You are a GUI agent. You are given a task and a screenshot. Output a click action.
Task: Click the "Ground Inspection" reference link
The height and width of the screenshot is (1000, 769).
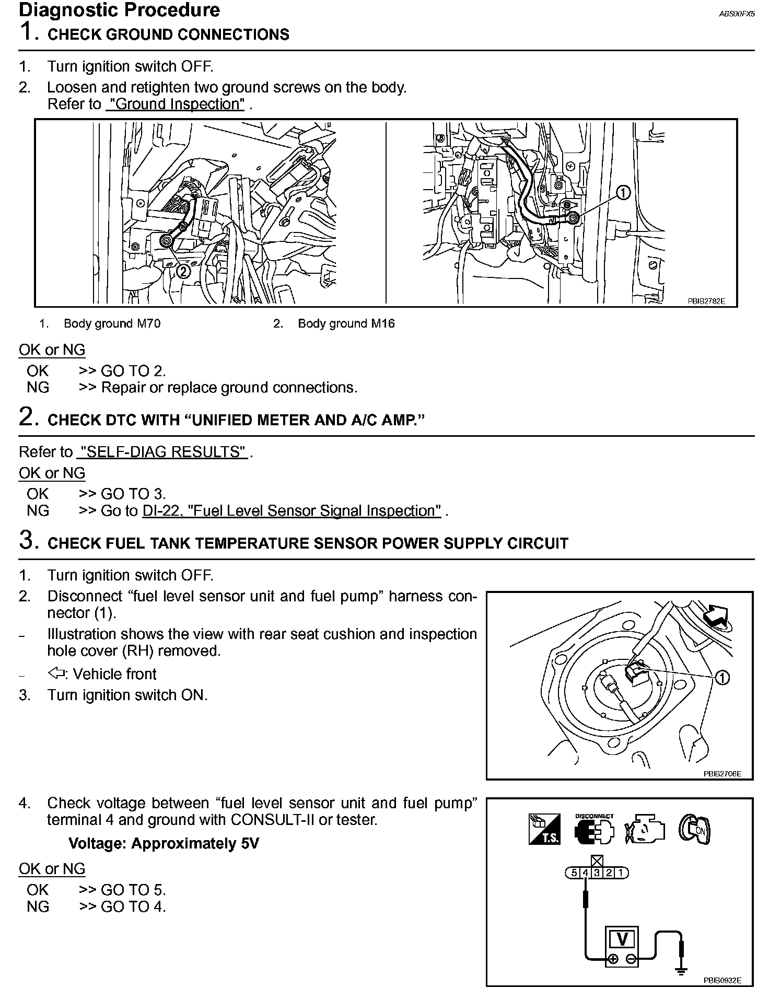click(x=175, y=104)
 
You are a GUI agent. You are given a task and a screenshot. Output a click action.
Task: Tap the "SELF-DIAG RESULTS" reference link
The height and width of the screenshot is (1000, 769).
click(x=162, y=452)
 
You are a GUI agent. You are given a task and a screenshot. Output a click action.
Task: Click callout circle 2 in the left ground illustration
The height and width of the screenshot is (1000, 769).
click(x=183, y=271)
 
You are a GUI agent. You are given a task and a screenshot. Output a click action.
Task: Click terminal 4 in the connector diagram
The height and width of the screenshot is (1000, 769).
click(x=586, y=873)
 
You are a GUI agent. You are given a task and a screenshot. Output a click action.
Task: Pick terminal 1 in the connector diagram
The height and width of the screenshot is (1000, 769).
click(x=621, y=873)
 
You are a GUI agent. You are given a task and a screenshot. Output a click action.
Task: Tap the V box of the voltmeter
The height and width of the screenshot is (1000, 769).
click(x=622, y=939)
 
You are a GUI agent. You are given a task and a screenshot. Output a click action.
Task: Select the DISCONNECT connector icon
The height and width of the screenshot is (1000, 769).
click(x=595, y=829)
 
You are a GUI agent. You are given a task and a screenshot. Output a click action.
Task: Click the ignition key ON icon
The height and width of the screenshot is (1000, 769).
click(x=694, y=829)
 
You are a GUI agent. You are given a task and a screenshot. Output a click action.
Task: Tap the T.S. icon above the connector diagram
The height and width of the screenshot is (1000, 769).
click(x=544, y=829)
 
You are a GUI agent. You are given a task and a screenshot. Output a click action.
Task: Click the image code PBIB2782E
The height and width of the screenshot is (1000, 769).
click(x=706, y=301)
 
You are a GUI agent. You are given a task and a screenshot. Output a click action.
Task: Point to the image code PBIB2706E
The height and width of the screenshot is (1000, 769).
click(x=722, y=774)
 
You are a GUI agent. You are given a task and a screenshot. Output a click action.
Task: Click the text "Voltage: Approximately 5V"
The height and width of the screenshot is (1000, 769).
click(x=164, y=844)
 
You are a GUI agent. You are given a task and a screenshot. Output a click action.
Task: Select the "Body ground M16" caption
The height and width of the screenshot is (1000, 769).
click(x=346, y=323)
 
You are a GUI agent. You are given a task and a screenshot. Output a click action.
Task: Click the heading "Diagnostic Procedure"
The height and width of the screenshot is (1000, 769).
click(x=119, y=10)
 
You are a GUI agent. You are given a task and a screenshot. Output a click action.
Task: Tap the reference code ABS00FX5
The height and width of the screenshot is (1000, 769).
click(x=737, y=14)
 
